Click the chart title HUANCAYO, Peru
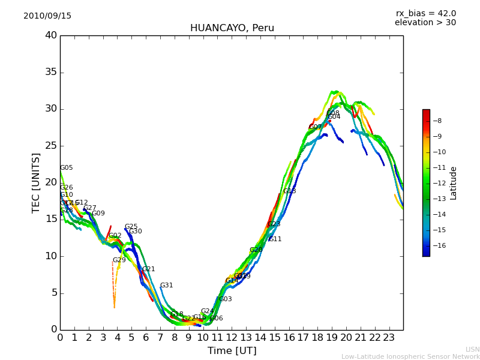click(x=232, y=28)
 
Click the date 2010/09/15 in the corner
click(x=47, y=16)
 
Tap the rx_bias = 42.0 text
click(x=425, y=14)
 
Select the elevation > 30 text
click(x=425, y=23)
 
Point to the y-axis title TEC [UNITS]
click(x=36, y=182)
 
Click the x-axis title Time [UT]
click(x=232, y=350)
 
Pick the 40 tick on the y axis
click(x=51, y=35)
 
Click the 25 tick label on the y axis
click(x=51, y=146)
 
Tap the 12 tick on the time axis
click(x=232, y=337)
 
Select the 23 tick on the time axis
click(x=389, y=337)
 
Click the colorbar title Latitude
click(x=454, y=183)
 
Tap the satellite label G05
click(x=66, y=168)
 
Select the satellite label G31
click(x=166, y=286)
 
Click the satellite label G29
click(x=119, y=260)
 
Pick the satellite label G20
click(x=256, y=250)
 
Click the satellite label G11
click(x=275, y=239)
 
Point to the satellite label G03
click(x=225, y=299)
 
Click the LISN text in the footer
click(x=472, y=349)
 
